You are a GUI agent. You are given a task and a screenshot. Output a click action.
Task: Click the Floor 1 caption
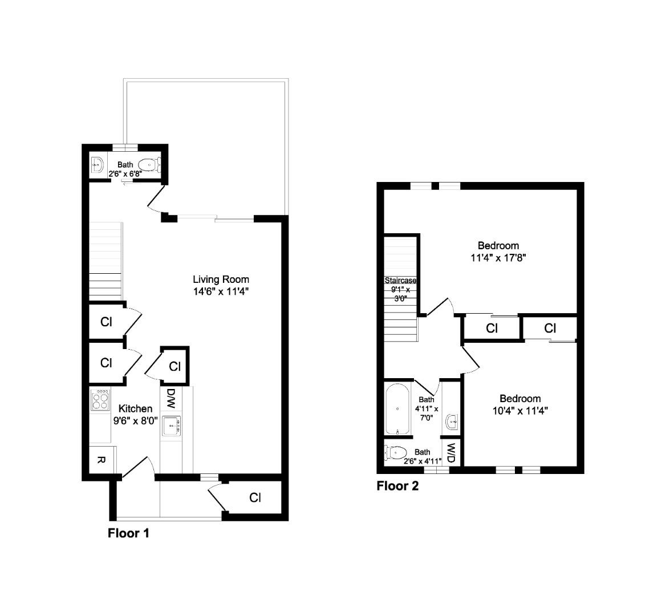[x=128, y=533]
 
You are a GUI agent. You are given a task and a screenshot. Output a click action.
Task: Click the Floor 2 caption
[x=397, y=486]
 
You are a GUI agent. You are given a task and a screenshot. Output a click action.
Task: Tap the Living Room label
[x=221, y=279]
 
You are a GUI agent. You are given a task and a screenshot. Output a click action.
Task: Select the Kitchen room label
[x=135, y=408]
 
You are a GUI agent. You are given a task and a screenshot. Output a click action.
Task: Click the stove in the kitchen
[x=100, y=399]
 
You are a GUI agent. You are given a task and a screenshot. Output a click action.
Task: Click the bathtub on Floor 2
[x=396, y=409]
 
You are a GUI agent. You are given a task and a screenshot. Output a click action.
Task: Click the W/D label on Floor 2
[x=451, y=453]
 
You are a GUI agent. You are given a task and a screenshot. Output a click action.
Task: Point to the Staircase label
[x=400, y=281]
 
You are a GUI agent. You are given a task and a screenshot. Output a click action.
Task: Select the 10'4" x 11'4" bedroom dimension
[x=520, y=410]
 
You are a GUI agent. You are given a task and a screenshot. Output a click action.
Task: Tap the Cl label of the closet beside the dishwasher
[x=174, y=366]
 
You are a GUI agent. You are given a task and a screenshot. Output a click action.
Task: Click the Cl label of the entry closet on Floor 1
[x=255, y=497]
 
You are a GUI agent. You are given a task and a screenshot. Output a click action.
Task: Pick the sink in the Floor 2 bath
[x=452, y=422]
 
